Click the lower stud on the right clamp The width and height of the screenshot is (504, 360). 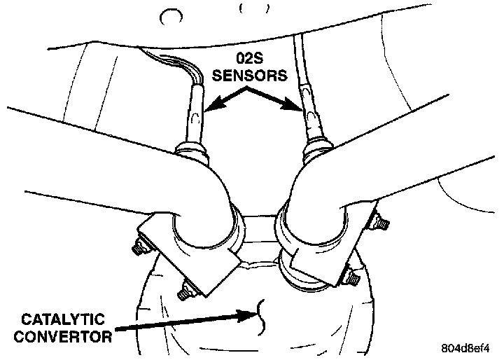click(351, 279)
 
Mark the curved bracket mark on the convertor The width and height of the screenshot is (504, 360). click(261, 314)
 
